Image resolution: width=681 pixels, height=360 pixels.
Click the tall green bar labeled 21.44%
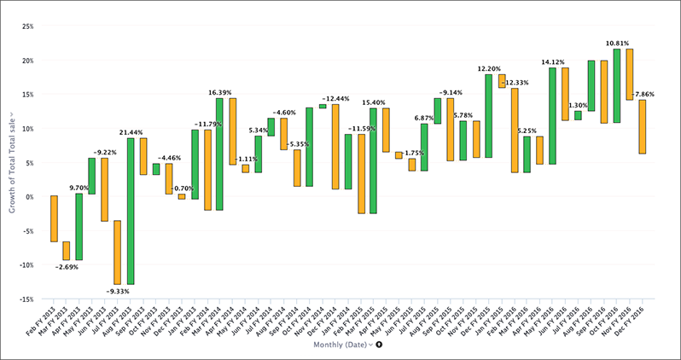pos(131,211)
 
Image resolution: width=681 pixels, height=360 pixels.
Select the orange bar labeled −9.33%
pos(118,252)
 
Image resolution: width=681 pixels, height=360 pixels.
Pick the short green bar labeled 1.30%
pos(578,115)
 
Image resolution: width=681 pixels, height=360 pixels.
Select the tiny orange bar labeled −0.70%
pos(181,196)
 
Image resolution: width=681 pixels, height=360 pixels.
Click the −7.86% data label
pos(643,95)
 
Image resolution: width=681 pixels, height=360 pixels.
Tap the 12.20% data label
pos(489,69)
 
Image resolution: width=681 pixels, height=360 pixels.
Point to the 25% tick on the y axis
pos(28,26)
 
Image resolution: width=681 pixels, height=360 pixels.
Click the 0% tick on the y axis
pos(30,197)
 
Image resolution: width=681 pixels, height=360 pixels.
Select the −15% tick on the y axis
pos(26,299)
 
